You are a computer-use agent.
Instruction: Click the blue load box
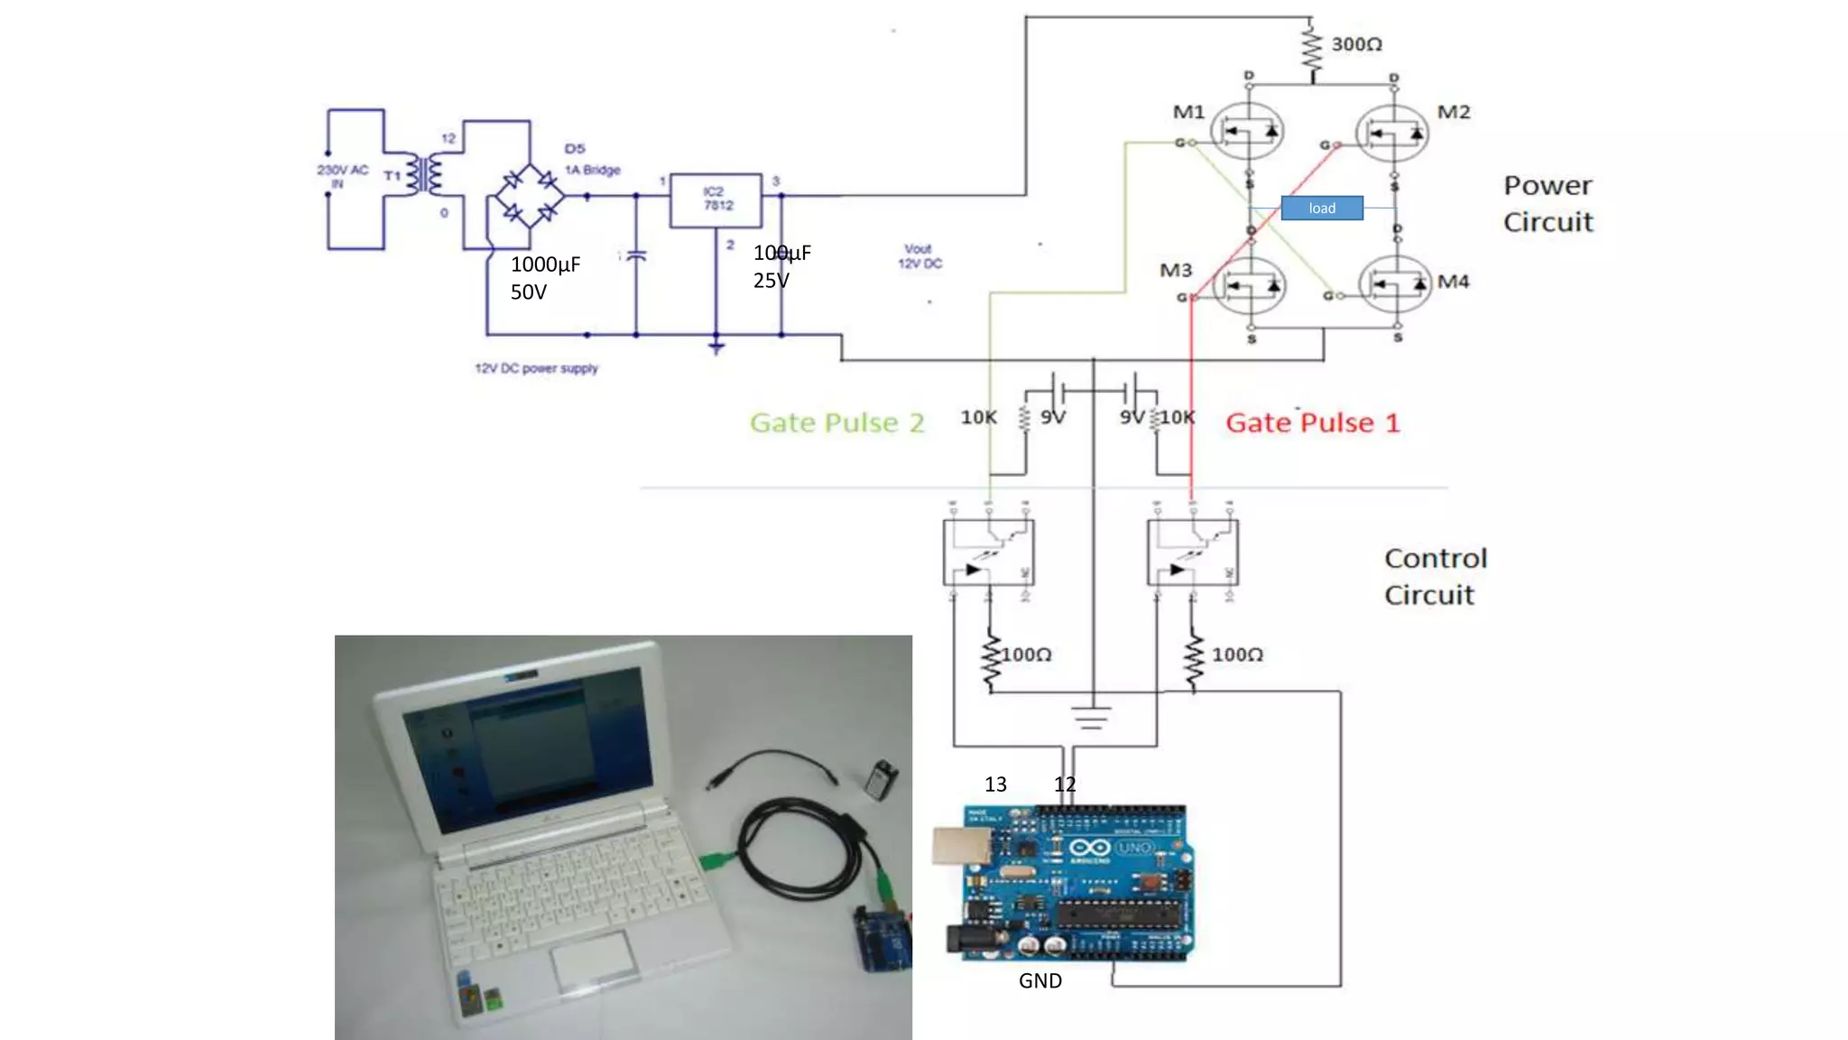pyautogui.click(x=1322, y=209)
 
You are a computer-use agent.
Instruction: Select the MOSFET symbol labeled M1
pyautogui.click(x=1248, y=132)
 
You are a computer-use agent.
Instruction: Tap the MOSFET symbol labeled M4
pyautogui.click(x=1395, y=285)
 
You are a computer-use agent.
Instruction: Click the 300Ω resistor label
pyautogui.click(x=1356, y=44)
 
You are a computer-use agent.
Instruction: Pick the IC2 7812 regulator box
pyautogui.click(x=716, y=200)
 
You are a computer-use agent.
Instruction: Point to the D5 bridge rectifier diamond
pyautogui.click(x=530, y=195)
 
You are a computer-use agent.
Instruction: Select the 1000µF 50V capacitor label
pyautogui.click(x=545, y=278)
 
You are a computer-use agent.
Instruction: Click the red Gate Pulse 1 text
pyautogui.click(x=1312, y=422)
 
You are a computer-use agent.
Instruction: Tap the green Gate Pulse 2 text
pyautogui.click(x=836, y=422)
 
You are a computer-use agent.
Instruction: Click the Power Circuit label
pyautogui.click(x=1548, y=204)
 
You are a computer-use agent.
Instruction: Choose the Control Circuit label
pyautogui.click(x=1435, y=577)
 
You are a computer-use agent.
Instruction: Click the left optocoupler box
pyautogui.click(x=988, y=552)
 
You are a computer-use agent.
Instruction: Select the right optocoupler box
pyautogui.click(x=1192, y=552)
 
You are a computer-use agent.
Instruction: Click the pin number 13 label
pyautogui.click(x=995, y=785)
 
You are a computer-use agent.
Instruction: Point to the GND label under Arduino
pyautogui.click(x=1039, y=981)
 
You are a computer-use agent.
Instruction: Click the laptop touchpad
pyautogui.click(x=593, y=958)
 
